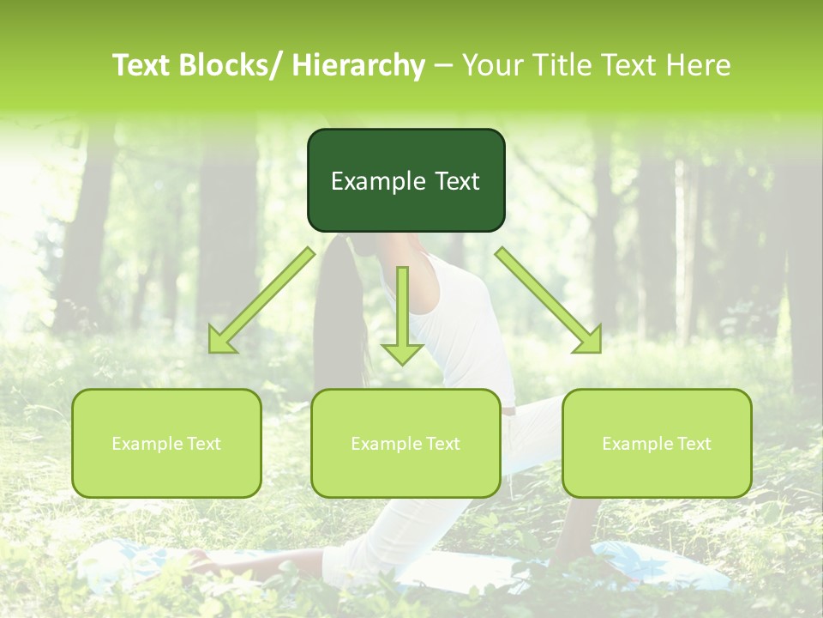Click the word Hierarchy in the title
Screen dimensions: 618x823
click(x=358, y=66)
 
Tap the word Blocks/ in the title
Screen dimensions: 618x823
click(x=237, y=65)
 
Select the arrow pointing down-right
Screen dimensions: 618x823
click(x=550, y=301)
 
